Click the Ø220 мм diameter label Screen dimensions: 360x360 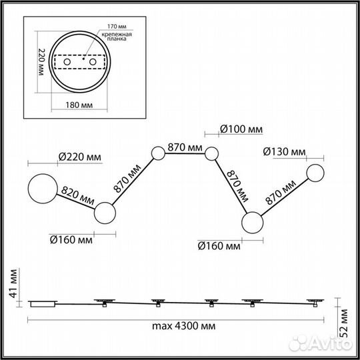click(80, 157)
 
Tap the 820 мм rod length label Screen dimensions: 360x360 click(77, 195)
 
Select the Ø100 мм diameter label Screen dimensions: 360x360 click(241, 129)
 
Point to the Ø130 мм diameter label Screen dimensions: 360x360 click(285, 152)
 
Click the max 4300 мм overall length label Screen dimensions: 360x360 click(184, 326)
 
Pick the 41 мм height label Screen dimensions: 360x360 click(13, 283)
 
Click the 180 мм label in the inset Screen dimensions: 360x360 click(79, 105)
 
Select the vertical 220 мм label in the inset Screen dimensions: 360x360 click(41, 62)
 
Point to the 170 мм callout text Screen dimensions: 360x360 click(117, 27)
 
